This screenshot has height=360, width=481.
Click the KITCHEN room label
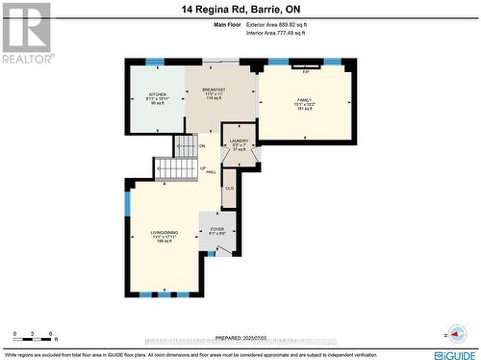coord(157,94)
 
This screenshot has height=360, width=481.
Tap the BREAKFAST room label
coord(215,89)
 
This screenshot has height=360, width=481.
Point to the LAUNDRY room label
coord(239,141)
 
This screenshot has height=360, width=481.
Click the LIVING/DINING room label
coord(164,233)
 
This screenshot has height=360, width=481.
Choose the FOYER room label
coord(217,229)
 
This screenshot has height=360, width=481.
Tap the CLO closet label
coord(229,189)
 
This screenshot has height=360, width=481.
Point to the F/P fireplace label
coord(306,72)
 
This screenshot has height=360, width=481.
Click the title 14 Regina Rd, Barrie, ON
coord(240,10)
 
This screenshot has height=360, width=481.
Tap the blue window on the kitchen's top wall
coord(154,62)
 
